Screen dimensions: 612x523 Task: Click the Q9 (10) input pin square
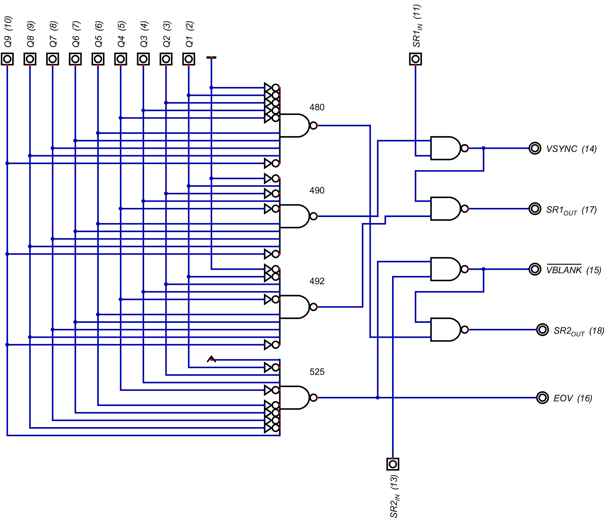pos(7,59)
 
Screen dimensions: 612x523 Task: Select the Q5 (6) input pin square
pos(98,59)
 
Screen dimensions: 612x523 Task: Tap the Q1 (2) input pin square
pos(189,59)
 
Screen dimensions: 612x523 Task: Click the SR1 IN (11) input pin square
pos(415,59)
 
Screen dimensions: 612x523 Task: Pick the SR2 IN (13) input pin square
pos(393,464)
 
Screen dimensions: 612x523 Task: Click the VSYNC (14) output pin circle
pos(535,148)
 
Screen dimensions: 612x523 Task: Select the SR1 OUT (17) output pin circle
pos(535,209)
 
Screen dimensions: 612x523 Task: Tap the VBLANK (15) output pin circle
pos(535,269)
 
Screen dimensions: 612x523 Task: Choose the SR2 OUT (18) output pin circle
pos(542,330)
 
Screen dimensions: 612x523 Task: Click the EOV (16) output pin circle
pos(542,398)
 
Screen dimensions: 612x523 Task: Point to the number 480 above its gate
pos(317,107)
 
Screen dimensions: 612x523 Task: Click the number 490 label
pos(317,191)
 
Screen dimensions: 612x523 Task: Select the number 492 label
pos(317,281)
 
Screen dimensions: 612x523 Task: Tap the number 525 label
pos(317,372)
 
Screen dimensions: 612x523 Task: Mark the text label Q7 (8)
pos(53,34)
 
